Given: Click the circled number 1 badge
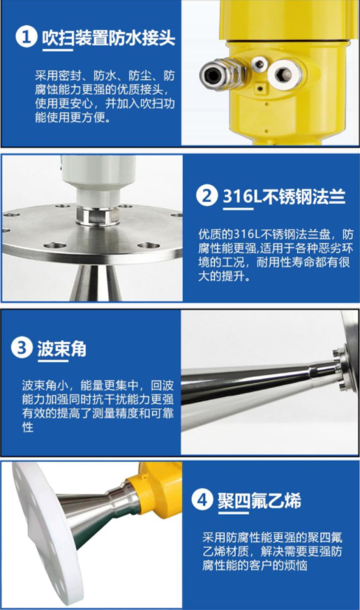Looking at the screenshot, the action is click(x=26, y=38).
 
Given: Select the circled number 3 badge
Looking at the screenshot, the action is click(x=22, y=348).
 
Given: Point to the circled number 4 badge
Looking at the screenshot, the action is click(x=202, y=500).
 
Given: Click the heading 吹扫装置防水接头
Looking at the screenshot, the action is click(x=108, y=38).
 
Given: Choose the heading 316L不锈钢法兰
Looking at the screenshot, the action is click(x=284, y=196).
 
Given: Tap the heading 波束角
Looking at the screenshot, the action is click(x=61, y=348).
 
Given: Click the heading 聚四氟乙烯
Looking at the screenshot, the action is click(x=259, y=500).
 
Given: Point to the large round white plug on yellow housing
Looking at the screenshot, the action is click(x=284, y=74).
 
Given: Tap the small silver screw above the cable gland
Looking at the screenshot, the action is click(x=259, y=64).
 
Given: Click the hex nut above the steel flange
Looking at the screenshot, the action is click(x=98, y=216).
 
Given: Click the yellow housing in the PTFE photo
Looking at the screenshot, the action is click(x=158, y=490).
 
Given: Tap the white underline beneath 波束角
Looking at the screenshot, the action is click(x=52, y=362).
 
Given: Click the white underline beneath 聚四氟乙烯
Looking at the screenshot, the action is click(x=233, y=513).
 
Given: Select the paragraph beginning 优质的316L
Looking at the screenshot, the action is click(x=276, y=255).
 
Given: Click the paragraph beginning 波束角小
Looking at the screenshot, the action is click(x=98, y=406).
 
